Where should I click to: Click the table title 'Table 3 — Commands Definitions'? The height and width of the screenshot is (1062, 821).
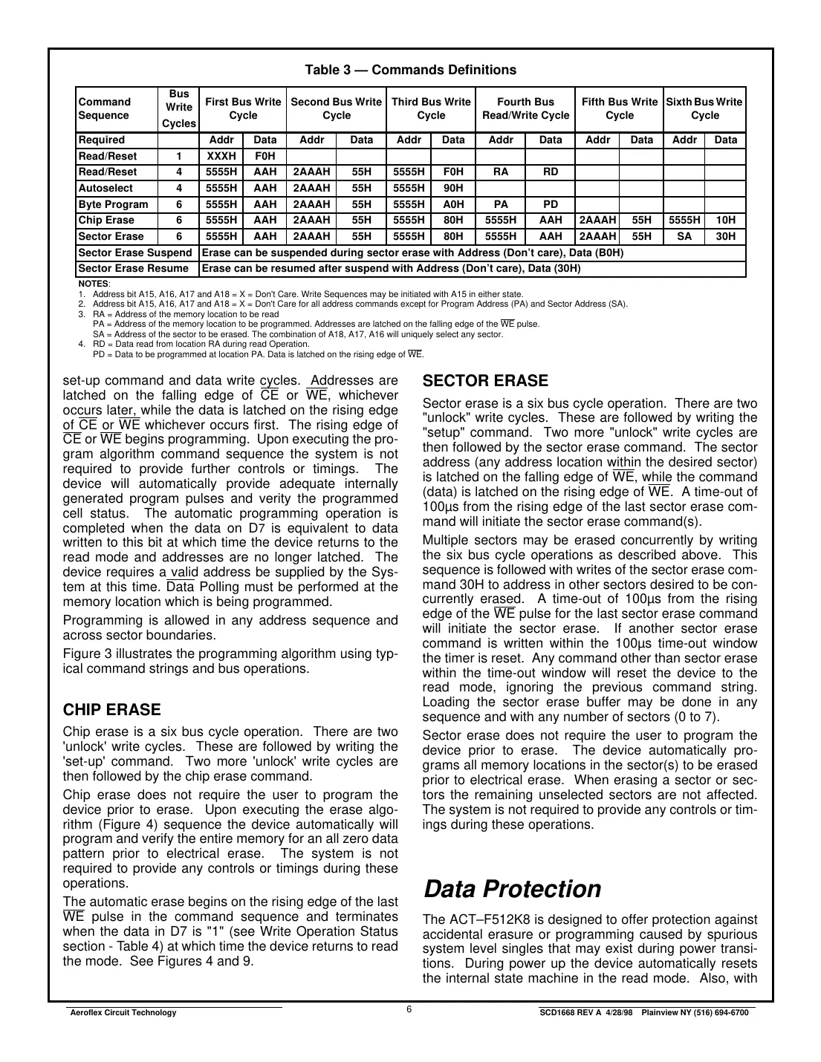click(x=410, y=70)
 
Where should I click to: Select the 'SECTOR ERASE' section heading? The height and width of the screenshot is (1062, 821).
click(x=484, y=381)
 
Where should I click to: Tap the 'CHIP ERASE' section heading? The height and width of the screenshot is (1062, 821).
click(x=111, y=709)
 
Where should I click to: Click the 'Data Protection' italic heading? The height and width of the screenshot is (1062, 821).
click(x=511, y=889)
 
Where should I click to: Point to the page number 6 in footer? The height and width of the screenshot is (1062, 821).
click(x=409, y=1009)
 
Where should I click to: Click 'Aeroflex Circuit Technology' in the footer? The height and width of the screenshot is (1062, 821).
click(x=123, y=1013)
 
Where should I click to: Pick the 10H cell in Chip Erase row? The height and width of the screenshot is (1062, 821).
click(x=725, y=220)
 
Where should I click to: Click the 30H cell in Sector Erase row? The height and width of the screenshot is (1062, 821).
click(x=725, y=236)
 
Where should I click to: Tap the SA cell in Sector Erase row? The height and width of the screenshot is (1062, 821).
click(x=684, y=236)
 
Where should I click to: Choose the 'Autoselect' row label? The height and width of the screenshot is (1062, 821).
click(x=106, y=188)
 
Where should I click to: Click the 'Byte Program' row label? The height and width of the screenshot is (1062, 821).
click(x=113, y=204)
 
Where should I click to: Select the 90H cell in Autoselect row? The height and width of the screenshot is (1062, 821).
click(x=452, y=188)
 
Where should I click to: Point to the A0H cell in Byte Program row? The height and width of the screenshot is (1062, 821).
click(x=452, y=204)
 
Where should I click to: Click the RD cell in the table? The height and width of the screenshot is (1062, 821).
click(x=550, y=172)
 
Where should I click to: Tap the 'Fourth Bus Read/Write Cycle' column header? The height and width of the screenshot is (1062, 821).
click(x=525, y=108)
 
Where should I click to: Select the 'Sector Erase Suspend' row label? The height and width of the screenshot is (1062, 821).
click(x=134, y=253)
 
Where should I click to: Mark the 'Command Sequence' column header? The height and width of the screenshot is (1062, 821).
click(x=104, y=108)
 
